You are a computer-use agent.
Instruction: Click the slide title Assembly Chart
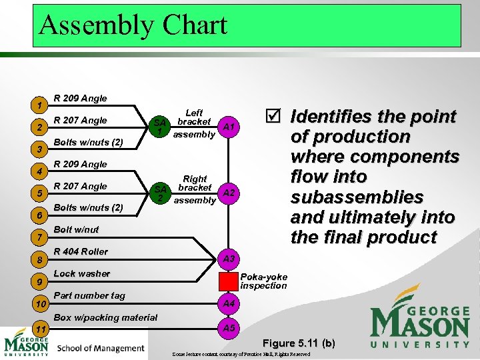[x=133, y=25]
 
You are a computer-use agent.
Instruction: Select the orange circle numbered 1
[x=41, y=105]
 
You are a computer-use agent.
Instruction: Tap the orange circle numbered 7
[x=41, y=237]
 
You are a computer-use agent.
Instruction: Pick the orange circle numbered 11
[x=41, y=329]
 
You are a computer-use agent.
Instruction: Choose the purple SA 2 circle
[x=159, y=193]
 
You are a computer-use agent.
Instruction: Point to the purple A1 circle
[x=229, y=127]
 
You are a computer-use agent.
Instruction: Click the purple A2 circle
[x=229, y=193]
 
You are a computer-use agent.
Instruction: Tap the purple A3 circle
[x=229, y=258]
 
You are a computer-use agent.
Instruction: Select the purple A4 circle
[x=229, y=304]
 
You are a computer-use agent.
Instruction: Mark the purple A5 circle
[x=229, y=328]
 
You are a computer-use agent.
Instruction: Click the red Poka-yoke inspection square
[x=229, y=281]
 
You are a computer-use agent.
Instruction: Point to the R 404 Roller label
[x=80, y=251]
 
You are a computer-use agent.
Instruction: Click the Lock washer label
[x=81, y=273]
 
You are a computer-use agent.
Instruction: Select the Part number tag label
[x=89, y=295]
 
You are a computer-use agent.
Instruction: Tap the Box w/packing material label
[x=105, y=317]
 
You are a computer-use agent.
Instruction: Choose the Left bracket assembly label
[x=194, y=123]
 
